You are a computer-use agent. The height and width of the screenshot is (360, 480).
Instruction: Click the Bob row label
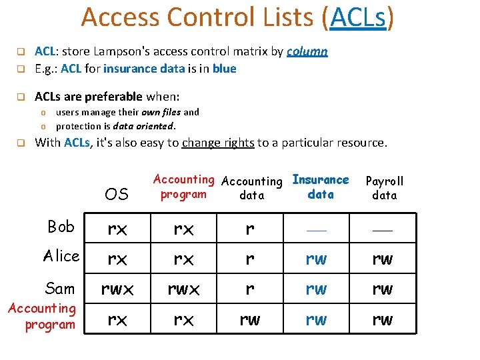tap(61, 227)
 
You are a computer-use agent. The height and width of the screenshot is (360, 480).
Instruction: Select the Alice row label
tap(61, 256)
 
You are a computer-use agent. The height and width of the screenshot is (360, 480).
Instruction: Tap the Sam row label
tap(60, 288)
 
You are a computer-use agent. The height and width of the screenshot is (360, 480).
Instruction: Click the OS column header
tap(117, 194)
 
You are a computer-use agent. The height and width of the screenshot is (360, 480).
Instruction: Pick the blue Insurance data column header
tap(321, 187)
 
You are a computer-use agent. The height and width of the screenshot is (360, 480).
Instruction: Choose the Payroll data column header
tap(385, 188)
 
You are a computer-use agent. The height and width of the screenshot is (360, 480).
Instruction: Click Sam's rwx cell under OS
tap(117, 289)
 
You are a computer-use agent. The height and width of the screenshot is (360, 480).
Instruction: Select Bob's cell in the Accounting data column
tap(250, 229)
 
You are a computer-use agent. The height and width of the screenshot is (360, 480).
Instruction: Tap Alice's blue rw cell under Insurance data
tap(316, 259)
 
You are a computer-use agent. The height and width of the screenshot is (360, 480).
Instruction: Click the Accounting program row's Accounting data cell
tap(250, 320)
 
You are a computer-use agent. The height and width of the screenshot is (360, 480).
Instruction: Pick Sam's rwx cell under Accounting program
tap(183, 289)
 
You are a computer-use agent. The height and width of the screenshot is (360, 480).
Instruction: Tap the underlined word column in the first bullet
tap(307, 51)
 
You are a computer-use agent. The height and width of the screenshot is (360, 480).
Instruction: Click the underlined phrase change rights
tap(218, 142)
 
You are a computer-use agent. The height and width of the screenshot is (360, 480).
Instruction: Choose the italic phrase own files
tap(158, 113)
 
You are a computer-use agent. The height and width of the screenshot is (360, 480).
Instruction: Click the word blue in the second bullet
tap(224, 69)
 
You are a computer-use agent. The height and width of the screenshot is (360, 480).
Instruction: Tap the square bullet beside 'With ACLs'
tap(21, 142)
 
